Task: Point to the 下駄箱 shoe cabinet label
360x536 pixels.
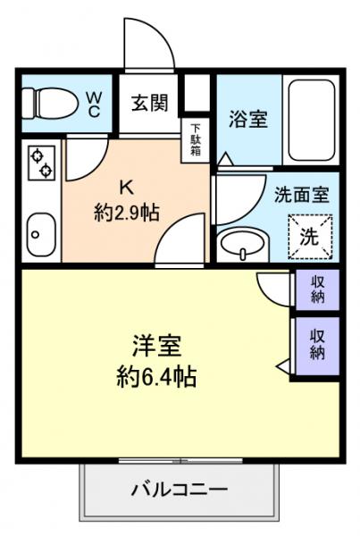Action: [x=196, y=138]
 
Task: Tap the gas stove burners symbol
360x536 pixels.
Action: [x=39, y=163]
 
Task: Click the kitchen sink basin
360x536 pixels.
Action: [x=38, y=234]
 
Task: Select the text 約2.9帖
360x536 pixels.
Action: [x=127, y=213]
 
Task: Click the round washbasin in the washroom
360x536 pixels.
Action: [x=241, y=242]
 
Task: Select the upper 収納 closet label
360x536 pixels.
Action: [x=317, y=289]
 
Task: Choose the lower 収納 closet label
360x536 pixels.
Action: [x=317, y=342]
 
